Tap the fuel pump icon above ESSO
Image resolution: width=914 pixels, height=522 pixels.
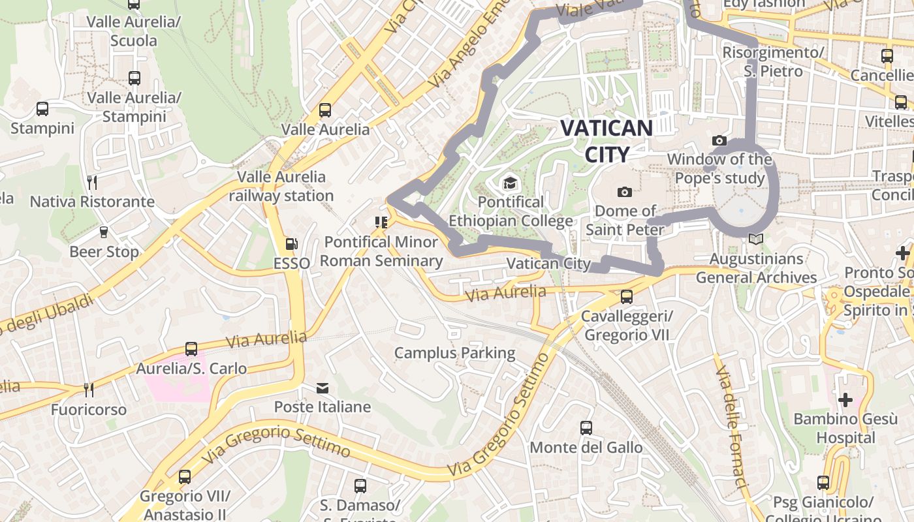tap(292, 244)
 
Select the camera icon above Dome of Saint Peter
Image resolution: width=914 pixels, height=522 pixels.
tap(625, 192)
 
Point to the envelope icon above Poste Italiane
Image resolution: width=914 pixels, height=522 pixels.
tap(323, 388)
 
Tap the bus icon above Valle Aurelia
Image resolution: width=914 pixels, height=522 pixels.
tap(325, 110)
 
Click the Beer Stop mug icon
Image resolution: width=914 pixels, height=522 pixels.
tap(103, 232)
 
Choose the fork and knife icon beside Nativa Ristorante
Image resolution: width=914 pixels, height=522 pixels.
tap(92, 182)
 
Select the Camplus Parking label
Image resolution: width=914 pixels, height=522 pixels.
tap(454, 353)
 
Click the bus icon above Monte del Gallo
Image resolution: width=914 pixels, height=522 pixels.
tap(586, 428)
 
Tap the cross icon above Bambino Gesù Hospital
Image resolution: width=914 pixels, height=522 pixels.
tap(845, 399)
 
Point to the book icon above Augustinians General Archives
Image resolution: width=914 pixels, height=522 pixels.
tap(756, 239)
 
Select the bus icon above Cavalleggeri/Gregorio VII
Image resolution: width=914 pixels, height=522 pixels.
tap(627, 297)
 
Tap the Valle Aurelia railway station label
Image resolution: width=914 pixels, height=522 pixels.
tap(281, 186)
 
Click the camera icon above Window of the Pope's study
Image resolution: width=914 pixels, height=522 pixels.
tap(719, 140)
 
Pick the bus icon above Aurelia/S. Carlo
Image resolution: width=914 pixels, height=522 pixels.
tap(191, 349)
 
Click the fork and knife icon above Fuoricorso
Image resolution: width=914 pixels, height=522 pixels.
tap(89, 390)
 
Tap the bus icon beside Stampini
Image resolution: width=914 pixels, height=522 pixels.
tap(42, 109)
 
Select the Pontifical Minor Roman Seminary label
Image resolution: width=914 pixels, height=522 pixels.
tap(381, 251)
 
